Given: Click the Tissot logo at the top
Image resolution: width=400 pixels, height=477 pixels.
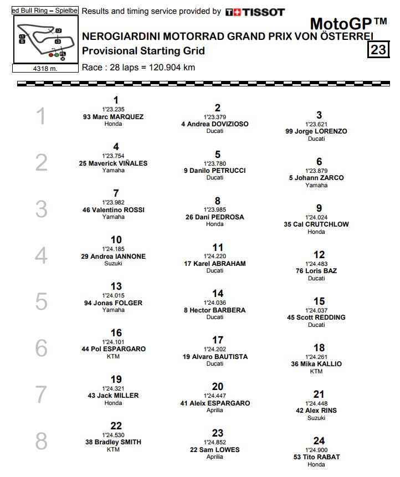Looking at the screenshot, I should (255, 12).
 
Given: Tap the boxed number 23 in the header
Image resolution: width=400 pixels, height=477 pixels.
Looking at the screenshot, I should (378, 50).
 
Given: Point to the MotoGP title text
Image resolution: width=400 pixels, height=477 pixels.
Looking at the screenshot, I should (348, 24).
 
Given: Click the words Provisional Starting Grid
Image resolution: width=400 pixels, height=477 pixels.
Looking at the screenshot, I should (143, 51).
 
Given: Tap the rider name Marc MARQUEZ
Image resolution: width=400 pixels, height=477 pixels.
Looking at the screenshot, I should (113, 117).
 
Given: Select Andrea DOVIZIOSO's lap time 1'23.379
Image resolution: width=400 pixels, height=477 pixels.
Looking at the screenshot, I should (218, 117).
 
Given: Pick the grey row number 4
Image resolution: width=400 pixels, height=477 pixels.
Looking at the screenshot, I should (42, 256).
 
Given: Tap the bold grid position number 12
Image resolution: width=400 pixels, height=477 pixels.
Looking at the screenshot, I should (319, 255).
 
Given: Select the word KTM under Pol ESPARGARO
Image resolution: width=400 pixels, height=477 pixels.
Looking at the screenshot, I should (113, 357).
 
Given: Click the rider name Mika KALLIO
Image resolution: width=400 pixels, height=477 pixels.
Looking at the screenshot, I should (316, 364).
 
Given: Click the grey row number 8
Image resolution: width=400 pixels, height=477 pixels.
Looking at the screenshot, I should (42, 442).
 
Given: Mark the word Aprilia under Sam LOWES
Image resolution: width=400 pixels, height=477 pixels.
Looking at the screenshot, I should (215, 457).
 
